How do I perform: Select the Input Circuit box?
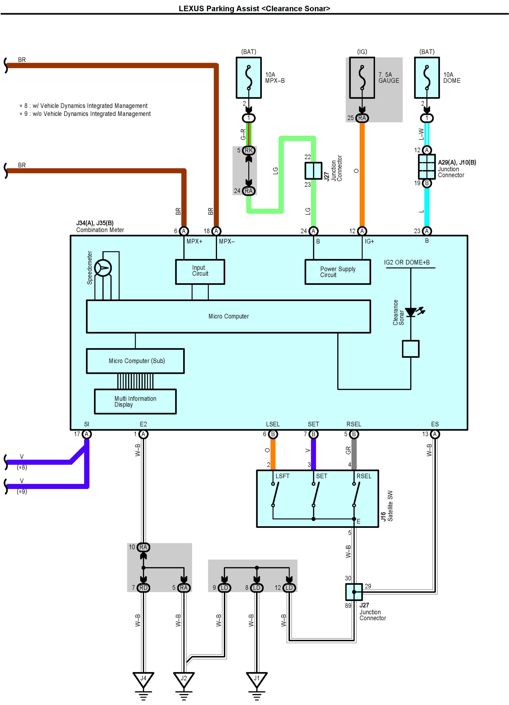[x=200, y=271]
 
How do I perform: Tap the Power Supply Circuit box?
[x=337, y=272]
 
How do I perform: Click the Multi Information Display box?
[x=135, y=401]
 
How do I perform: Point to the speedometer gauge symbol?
[x=103, y=268]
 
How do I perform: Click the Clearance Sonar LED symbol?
[x=411, y=312]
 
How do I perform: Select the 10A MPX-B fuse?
[x=249, y=78]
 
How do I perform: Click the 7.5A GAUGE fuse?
[x=362, y=78]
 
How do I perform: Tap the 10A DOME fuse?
[x=427, y=78]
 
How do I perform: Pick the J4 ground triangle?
[x=143, y=679]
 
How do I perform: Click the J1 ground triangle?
[x=256, y=679]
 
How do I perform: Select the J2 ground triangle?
[x=184, y=679]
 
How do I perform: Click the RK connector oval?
[x=249, y=150]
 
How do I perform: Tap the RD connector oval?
[x=143, y=587]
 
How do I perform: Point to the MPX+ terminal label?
[x=194, y=241]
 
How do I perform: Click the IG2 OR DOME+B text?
[x=407, y=262]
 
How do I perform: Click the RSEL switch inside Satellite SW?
[x=356, y=494]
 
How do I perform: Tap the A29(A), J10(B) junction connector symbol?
[x=427, y=167]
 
